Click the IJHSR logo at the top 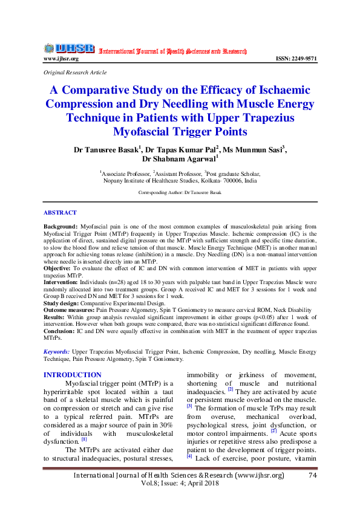click(x=68, y=48)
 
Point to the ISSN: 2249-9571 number click(x=296, y=59)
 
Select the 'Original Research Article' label click(x=75, y=72)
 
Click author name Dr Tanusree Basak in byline click(x=106, y=149)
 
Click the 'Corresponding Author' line click(x=180, y=192)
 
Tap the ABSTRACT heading click(x=60, y=213)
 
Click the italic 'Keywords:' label click(x=56, y=351)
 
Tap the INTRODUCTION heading click(x=73, y=375)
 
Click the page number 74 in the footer click(x=312, y=476)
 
